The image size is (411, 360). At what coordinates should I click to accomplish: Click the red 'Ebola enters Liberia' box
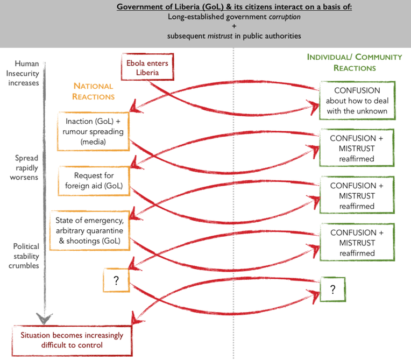[x=147, y=68]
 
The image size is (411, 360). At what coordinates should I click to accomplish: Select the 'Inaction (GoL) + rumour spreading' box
[x=94, y=131]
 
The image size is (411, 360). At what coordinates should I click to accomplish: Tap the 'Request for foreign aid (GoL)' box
[x=94, y=181]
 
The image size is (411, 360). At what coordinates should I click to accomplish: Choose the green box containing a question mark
[x=332, y=290]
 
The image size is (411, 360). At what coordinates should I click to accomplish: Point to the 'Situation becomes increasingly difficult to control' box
[x=72, y=340]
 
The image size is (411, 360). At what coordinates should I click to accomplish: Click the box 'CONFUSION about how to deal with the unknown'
[x=357, y=101]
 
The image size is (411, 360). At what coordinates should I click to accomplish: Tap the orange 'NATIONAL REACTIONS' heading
[x=94, y=91]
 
